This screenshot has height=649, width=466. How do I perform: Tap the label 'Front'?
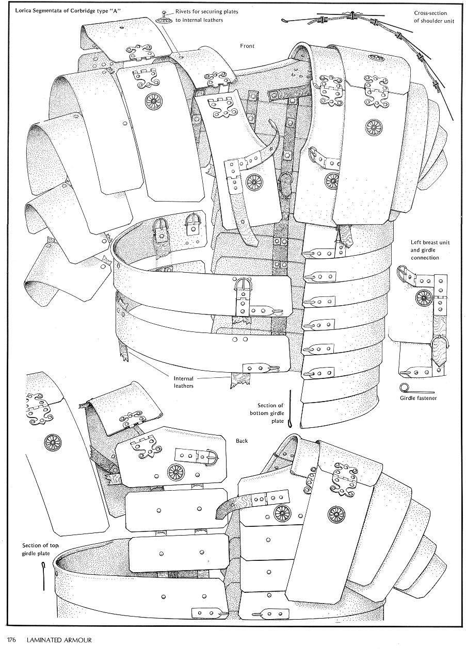247,46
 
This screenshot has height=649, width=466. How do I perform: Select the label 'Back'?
242,441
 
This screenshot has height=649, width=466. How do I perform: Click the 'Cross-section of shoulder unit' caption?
434,17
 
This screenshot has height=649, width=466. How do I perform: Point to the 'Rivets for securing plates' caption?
206,12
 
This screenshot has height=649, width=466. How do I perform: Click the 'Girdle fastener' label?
418,398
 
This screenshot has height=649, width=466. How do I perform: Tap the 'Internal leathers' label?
184,382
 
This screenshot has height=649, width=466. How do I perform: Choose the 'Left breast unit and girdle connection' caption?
430,249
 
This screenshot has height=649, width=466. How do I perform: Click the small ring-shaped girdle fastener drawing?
404,387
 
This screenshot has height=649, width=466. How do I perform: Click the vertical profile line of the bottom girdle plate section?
290,408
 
